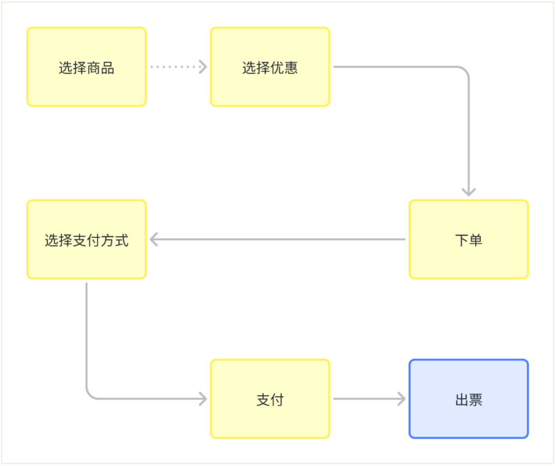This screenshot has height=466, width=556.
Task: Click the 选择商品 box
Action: tap(86, 67)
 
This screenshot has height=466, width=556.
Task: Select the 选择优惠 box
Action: tap(270, 67)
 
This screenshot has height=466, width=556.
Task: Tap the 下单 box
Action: tap(468, 239)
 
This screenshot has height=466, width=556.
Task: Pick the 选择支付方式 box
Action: tap(86, 239)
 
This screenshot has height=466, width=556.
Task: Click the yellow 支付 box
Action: tap(270, 399)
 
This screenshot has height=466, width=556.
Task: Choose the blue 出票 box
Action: tap(468, 399)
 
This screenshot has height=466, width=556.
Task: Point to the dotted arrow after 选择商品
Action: tap(178, 66)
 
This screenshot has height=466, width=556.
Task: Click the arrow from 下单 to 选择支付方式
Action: tap(278, 239)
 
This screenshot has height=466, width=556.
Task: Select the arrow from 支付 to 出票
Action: tap(368, 399)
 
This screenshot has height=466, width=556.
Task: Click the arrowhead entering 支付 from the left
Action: tap(203, 399)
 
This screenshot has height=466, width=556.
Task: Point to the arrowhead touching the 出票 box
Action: tap(402, 399)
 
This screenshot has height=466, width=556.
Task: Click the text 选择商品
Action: tap(86, 67)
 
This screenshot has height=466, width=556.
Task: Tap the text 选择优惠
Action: tap(270, 67)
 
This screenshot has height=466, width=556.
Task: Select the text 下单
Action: tap(468, 240)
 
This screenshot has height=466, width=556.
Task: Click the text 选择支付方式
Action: tap(86, 240)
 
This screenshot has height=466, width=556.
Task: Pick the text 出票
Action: tap(468, 400)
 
